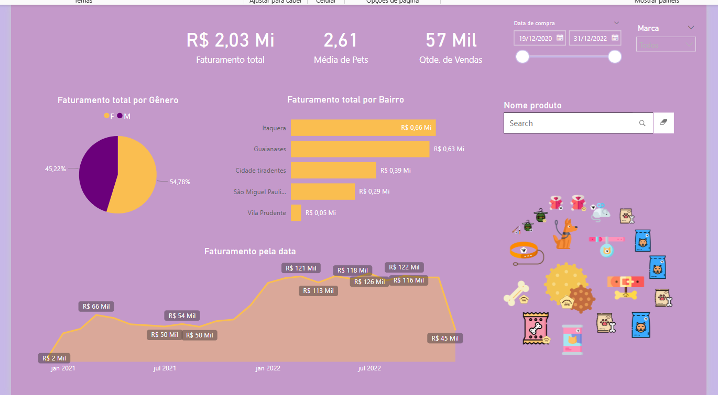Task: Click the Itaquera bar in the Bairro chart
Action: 363,128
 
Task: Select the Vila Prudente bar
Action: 296,213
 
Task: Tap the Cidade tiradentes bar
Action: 333,170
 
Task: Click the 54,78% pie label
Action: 180,182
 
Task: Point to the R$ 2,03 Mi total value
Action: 230,40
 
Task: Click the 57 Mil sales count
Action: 451,40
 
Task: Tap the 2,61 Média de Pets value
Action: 341,40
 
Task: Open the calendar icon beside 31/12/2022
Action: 615,38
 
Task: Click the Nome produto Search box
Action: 571,123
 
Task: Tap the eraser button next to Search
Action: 663,123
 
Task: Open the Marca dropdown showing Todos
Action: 666,45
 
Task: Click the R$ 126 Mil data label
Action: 369,282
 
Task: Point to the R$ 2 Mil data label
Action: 54,358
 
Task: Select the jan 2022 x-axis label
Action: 268,368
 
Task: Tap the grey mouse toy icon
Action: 601,211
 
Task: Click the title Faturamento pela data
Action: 250,252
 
